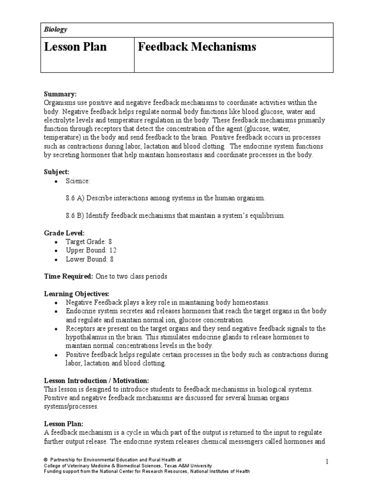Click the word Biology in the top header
pyautogui.click(x=55, y=30)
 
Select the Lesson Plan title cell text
pyautogui.click(x=75, y=47)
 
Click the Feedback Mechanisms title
pyautogui.click(x=197, y=47)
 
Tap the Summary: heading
pyautogui.click(x=60, y=94)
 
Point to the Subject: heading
pyautogui.click(x=57, y=172)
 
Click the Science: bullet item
pyautogui.click(x=78, y=181)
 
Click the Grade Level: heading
pyautogui.click(x=64, y=233)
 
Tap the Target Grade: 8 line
pyautogui.click(x=90, y=242)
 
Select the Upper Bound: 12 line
pyautogui.click(x=91, y=250)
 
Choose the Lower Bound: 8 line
pyautogui.click(x=90, y=259)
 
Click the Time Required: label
pyautogui.click(x=68, y=276)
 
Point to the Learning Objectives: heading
pyautogui.click(x=77, y=294)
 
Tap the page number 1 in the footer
pyautogui.click(x=327, y=462)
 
